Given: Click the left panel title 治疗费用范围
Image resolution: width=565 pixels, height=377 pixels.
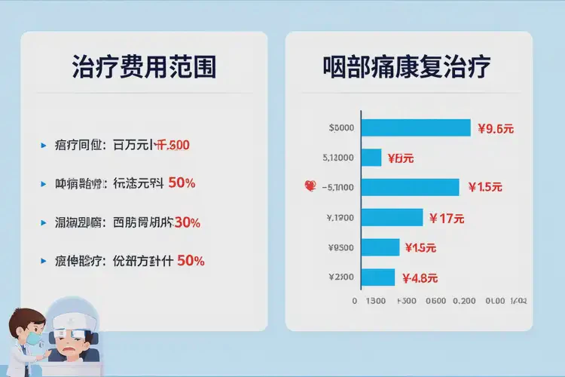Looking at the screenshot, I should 144,68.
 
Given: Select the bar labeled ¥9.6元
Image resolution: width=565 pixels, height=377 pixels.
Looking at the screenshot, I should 416,128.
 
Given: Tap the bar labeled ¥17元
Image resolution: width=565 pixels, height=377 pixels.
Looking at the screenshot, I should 392,218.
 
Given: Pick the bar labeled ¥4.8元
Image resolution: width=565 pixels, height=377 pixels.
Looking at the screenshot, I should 378,277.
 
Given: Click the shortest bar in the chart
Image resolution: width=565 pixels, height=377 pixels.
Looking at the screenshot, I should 371,158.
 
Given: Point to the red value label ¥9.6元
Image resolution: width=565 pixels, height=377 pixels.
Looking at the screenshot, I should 496,128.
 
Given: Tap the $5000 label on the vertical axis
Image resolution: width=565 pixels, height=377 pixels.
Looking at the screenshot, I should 341,128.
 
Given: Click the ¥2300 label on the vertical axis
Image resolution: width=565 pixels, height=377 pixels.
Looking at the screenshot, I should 341,277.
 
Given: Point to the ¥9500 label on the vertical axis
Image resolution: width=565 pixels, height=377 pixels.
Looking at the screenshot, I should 341,247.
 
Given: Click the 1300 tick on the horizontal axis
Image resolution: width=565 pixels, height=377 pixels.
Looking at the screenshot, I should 376,301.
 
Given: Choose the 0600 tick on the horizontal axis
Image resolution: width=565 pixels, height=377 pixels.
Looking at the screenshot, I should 436,301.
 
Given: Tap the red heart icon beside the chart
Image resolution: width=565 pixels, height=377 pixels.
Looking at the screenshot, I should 308,185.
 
